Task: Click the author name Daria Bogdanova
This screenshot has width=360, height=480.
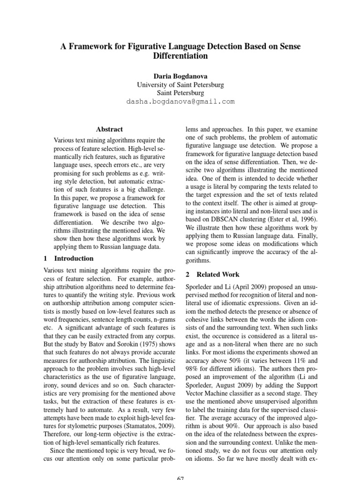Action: [x=180, y=75]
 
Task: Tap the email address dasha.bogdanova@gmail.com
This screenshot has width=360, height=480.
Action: [x=180, y=101]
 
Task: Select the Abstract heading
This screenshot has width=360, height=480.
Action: [x=109, y=129]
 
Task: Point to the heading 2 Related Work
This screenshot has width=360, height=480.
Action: [x=211, y=274]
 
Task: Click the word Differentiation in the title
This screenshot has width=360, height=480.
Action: [x=180, y=56]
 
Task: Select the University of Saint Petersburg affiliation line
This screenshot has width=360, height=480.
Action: [x=180, y=84]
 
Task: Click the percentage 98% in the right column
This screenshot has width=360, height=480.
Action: [x=193, y=370]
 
